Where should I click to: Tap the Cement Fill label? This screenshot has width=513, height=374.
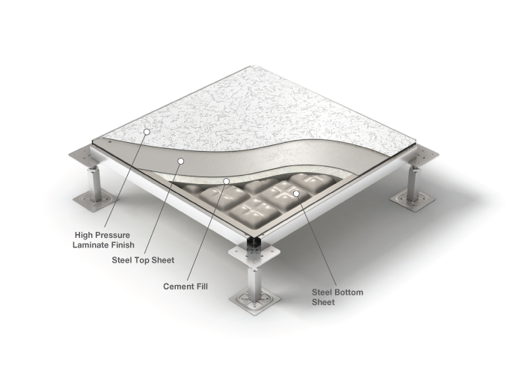click(x=185, y=286)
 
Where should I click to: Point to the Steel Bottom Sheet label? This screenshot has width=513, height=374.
click(x=337, y=297)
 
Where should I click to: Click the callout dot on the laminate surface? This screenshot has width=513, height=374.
click(x=147, y=132)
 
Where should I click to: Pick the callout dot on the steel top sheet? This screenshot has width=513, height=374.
click(x=179, y=161)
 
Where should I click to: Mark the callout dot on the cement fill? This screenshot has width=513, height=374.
click(x=227, y=181)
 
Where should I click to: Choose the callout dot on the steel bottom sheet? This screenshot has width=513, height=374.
click(x=296, y=194)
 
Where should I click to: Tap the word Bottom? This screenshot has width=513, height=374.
click(x=349, y=292)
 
